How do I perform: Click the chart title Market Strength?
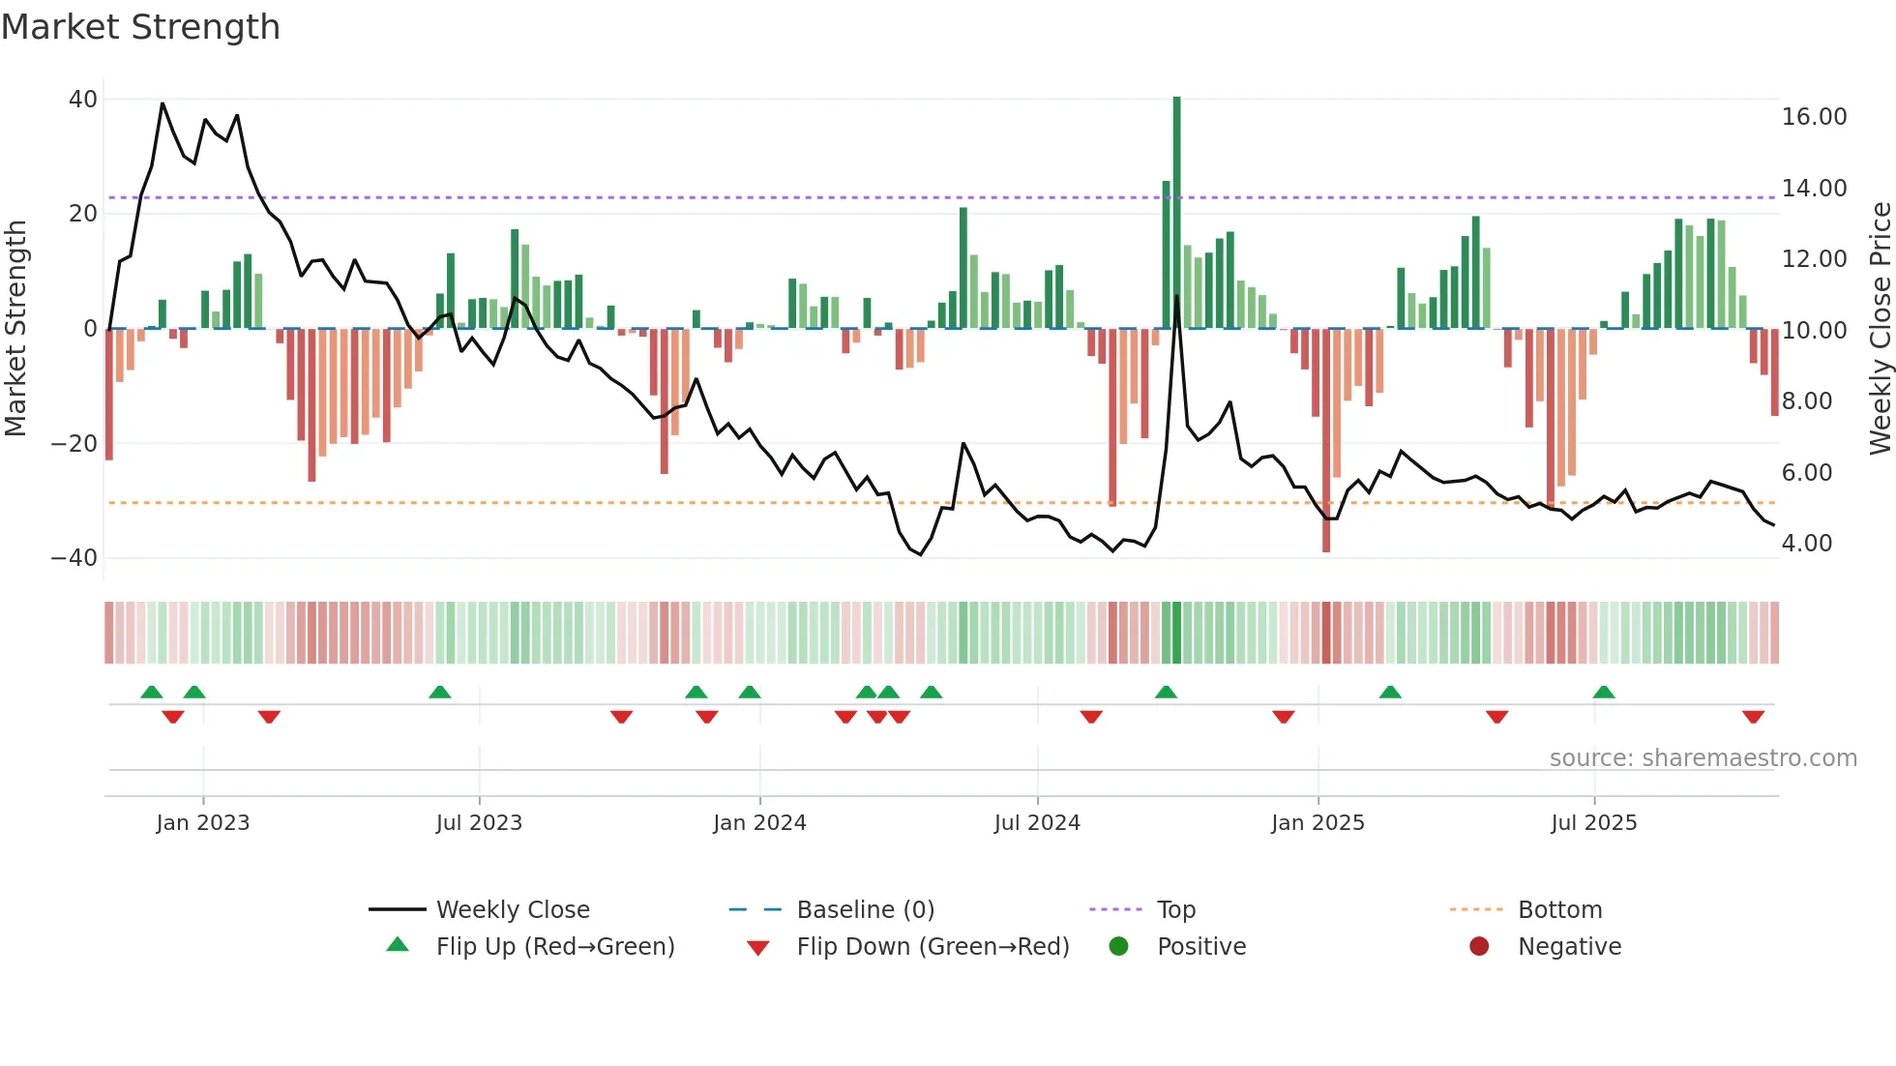(140, 27)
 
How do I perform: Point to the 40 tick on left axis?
(83, 100)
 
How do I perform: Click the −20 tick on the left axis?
(74, 444)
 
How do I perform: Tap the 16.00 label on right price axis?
(1814, 117)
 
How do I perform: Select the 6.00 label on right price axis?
(1806, 473)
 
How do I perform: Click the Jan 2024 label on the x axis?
(759, 823)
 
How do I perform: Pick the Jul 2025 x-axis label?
(1593, 823)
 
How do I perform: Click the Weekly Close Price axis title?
(1880, 329)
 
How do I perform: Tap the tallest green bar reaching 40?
(1176, 213)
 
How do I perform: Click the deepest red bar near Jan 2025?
(1326, 440)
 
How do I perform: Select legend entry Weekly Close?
(512, 910)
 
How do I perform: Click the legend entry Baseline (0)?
(865, 910)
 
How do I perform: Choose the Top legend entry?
(1176, 910)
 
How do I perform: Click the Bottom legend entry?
(1559, 910)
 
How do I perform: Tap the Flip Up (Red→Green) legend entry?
(554, 947)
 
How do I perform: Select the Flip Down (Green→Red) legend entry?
(933, 947)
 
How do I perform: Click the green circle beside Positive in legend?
(1119, 947)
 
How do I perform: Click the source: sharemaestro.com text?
(1703, 758)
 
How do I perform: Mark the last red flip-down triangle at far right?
(1753, 717)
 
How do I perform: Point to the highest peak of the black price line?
(163, 103)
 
